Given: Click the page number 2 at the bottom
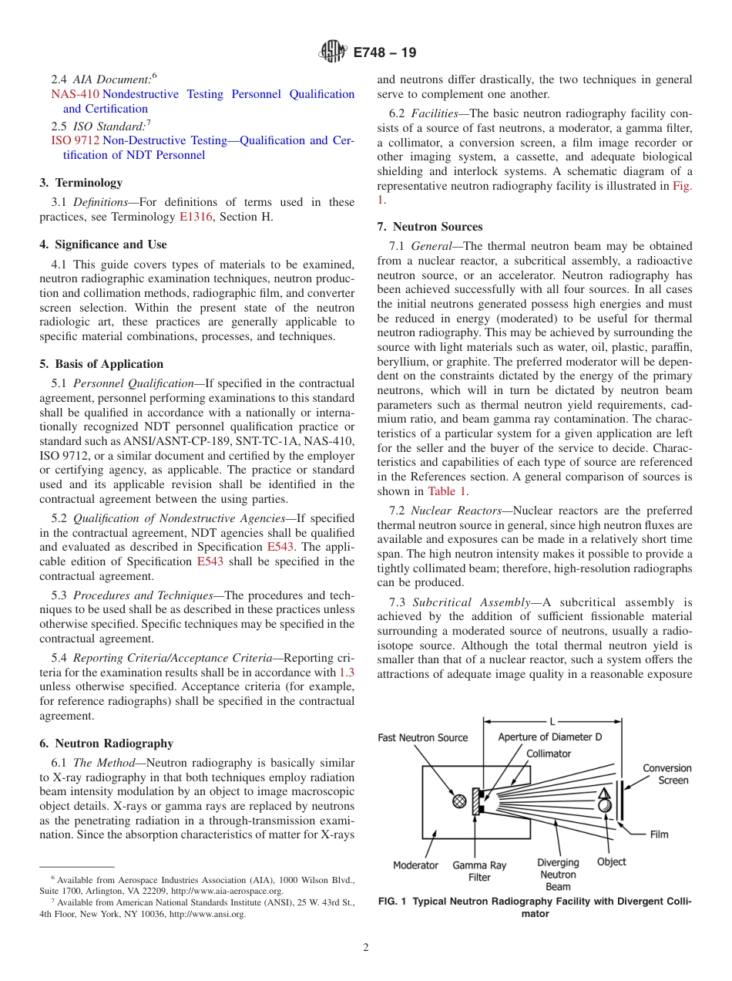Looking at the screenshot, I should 366,948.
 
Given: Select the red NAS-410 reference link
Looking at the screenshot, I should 75,94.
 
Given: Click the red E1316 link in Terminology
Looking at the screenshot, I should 195,217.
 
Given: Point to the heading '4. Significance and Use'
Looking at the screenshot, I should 103,244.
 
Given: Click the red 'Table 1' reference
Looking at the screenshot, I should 448,491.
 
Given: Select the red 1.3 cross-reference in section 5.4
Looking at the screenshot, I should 347,673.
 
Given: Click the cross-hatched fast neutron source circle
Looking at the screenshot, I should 459,801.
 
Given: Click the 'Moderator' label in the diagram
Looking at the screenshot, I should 415,865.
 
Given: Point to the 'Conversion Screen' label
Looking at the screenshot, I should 667,774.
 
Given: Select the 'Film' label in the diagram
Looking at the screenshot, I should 659,834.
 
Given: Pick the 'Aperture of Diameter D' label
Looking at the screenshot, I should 550,737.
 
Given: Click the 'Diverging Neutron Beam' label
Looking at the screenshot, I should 558,875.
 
